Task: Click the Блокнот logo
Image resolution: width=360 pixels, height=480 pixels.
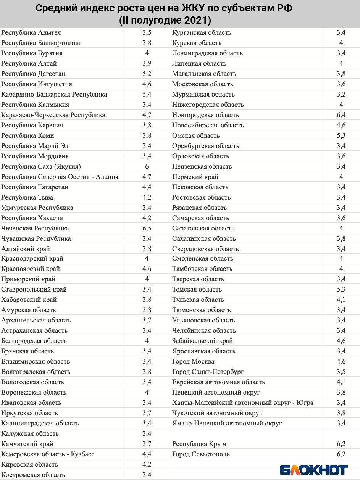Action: click(x=314, y=470)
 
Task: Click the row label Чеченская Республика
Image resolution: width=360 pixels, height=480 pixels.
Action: click(x=35, y=229)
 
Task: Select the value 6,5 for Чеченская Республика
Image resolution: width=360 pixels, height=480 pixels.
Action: click(x=147, y=229)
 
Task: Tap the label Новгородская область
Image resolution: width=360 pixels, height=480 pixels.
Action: click(x=205, y=115)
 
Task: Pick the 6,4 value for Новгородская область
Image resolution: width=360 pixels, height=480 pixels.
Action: click(x=341, y=115)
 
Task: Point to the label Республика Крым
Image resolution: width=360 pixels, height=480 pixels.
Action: click(x=199, y=444)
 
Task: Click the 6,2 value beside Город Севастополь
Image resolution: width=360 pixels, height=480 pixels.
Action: click(x=341, y=454)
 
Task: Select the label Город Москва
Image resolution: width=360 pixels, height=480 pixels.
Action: click(x=193, y=362)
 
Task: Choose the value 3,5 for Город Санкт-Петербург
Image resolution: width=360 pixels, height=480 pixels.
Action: click(x=341, y=372)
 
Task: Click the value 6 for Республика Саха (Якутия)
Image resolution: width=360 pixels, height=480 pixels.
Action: click(x=147, y=167)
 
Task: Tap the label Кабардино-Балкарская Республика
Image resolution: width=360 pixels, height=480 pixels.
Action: click(x=54, y=95)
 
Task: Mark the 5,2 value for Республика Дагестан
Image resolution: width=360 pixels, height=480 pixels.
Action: click(x=147, y=74)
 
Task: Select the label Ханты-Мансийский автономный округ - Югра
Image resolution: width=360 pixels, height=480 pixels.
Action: click(x=243, y=403)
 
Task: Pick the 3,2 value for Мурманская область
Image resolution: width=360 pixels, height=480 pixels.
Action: click(x=341, y=95)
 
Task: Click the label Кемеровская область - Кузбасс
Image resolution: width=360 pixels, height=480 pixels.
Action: click(x=48, y=454)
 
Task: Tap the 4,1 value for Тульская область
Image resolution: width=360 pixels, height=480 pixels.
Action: click(x=341, y=300)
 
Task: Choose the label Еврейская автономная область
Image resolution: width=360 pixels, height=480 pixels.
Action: click(x=218, y=382)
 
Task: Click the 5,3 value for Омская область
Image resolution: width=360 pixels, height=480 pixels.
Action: click(x=341, y=136)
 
